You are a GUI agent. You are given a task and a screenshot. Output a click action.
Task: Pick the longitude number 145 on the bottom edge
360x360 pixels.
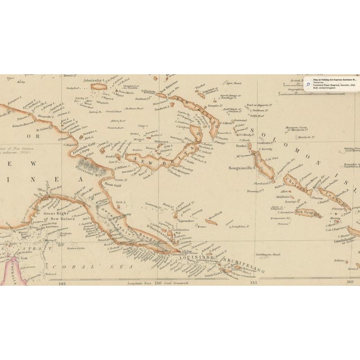(x=62, y=283)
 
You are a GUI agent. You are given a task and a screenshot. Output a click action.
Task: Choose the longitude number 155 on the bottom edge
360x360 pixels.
(x=253, y=283)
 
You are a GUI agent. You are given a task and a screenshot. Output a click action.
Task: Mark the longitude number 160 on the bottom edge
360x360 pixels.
(x=349, y=283)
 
